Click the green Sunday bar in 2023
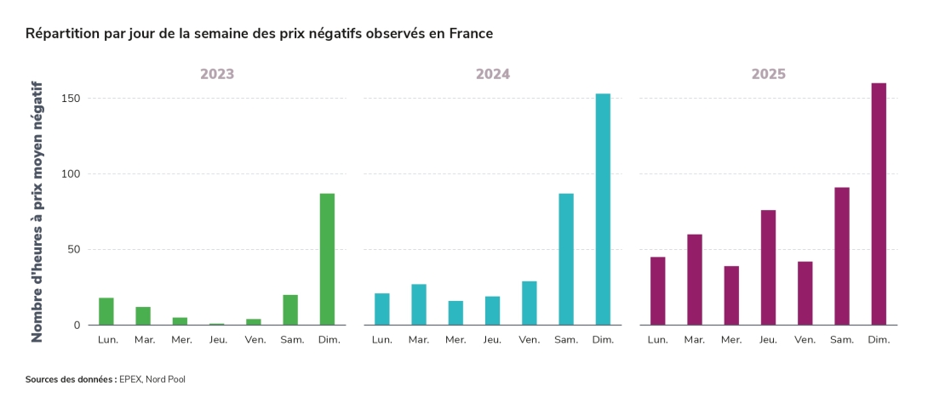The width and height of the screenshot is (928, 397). point(327,259)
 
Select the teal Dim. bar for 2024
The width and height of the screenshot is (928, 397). point(603,209)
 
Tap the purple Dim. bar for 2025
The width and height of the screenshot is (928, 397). point(879,204)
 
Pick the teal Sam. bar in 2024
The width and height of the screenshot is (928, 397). point(566,259)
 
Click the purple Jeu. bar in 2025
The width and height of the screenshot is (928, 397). point(768,267)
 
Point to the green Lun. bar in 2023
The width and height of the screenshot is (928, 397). point(106,311)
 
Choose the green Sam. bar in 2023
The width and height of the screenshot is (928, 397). point(290,309)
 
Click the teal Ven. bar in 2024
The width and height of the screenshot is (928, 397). point(529,303)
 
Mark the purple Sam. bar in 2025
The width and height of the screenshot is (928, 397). point(842,256)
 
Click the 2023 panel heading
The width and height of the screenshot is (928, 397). point(217,74)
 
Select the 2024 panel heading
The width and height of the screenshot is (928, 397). point(493,74)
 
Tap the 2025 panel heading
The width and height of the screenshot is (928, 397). point(768,74)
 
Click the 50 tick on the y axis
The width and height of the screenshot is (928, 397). point(74,250)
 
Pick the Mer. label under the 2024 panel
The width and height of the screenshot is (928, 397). point(455,340)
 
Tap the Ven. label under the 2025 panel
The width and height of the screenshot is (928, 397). point(805,340)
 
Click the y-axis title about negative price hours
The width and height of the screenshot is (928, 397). point(37,213)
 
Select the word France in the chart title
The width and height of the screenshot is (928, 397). point(470,34)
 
